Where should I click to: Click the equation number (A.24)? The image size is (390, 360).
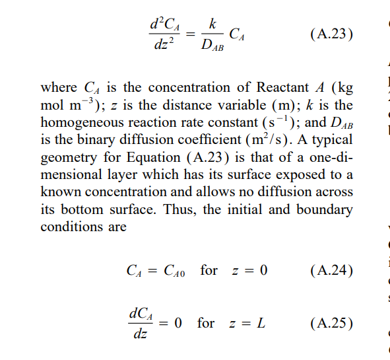[x=331, y=271]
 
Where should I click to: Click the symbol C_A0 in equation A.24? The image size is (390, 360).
[x=174, y=271]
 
